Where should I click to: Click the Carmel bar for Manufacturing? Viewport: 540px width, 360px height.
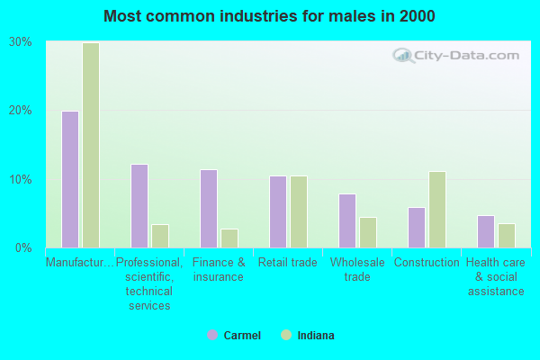click(x=70, y=179)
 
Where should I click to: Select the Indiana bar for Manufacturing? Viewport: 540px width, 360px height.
click(x=91, y=145)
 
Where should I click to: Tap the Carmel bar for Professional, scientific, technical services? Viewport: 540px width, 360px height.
click(x=139, y=205)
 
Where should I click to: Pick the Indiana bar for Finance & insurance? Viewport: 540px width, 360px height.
click(x=229, y=238)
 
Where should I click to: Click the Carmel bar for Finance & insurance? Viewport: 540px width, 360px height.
click(x=209, y=208)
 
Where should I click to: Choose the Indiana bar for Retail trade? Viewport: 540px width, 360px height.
click(x=299, y=211)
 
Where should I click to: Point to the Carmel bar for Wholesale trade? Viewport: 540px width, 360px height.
click(x=347, y=220)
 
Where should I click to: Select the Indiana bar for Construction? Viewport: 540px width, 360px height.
click(x=437, y=209)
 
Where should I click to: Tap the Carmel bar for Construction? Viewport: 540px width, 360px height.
click(x=417, y=227)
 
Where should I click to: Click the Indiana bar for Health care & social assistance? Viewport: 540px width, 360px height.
click(x=507, y=235)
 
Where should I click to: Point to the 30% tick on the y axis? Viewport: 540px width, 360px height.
click(x=21, y=42)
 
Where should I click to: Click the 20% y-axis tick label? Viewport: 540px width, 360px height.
click(x=21, y=111)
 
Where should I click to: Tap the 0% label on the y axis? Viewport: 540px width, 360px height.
click(x=24, y=247)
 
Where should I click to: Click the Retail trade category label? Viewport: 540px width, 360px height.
click(x=288, y=263)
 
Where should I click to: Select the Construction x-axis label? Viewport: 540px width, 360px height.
click(x=427, y=263)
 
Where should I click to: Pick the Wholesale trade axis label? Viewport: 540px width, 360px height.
click(x=357, y=269)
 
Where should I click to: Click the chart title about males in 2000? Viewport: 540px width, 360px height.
click(x=269, y=16)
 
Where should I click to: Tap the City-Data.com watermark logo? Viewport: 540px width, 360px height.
click(x=455, y=56)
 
